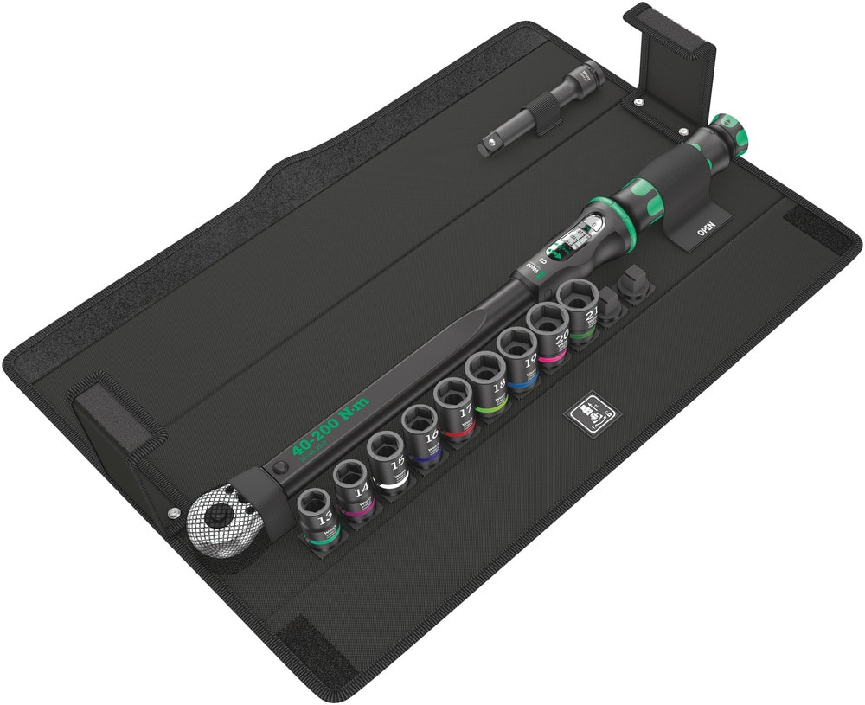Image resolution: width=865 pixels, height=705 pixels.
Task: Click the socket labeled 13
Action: [x=316, y=514]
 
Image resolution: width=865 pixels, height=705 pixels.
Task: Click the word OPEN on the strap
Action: [x=705, y=230]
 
